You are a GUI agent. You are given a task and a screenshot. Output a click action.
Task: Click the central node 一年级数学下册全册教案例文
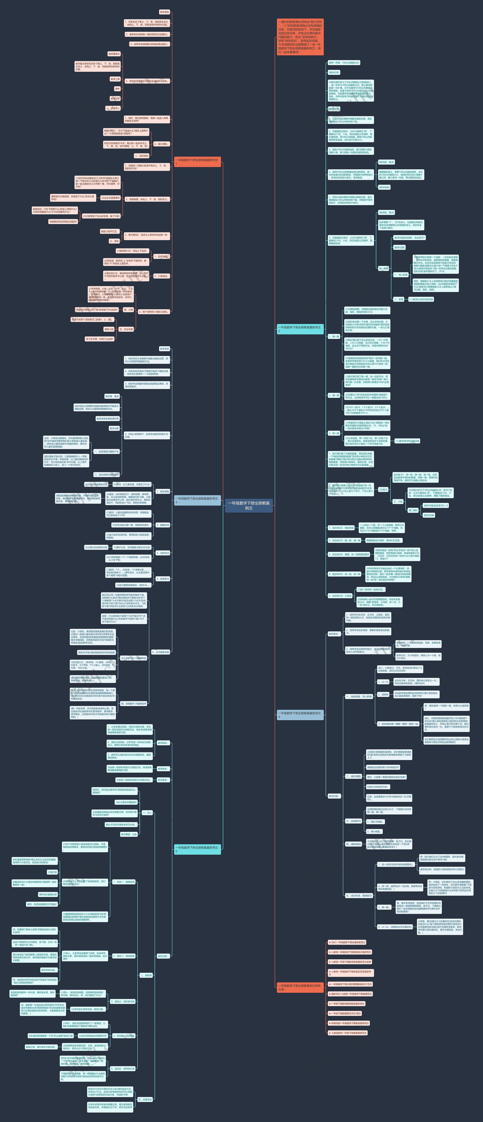[248, 505]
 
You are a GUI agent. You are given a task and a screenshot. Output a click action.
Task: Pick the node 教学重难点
[114, 54]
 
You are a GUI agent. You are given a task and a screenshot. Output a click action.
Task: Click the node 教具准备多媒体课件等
[108, 419]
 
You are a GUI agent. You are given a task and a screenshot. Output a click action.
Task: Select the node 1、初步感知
[163, 491]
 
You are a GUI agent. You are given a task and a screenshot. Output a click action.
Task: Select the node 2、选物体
[383, 694]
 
